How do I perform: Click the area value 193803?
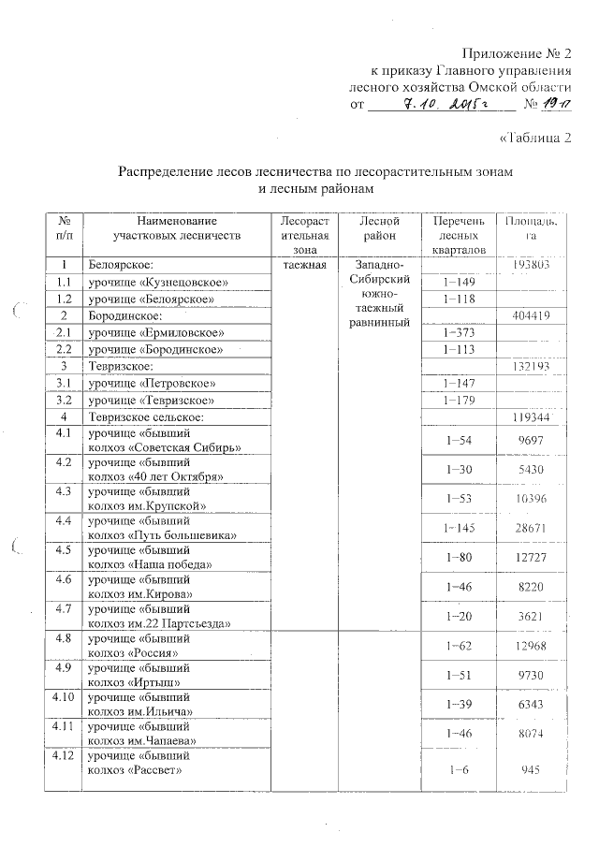[531, 265]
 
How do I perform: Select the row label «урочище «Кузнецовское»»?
[158, 282]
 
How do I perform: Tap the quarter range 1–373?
[457, 332]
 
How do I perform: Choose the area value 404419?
[531, 315]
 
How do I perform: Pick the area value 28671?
[531, 528]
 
